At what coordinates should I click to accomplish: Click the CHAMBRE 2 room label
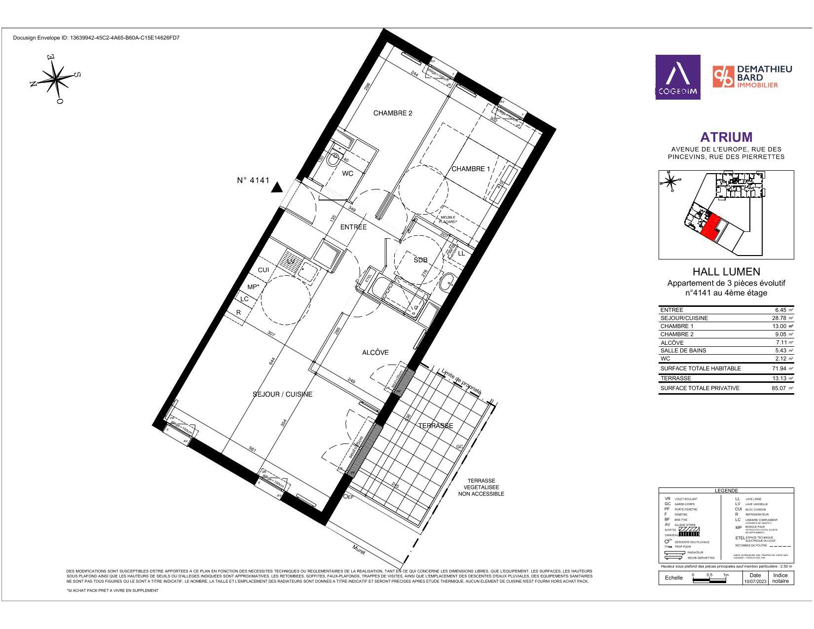[392, 113]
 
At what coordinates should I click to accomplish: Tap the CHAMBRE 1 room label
[471, 169]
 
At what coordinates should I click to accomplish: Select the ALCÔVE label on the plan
[375, 352]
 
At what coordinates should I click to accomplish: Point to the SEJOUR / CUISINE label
[282, 394]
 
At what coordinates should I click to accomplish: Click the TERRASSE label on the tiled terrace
[436, 426]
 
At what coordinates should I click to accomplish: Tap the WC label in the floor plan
[347, 174]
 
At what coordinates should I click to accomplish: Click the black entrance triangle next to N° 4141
[277, 187]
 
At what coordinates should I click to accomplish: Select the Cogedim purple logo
[677, 77]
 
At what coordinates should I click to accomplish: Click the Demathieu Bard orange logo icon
[723, 77]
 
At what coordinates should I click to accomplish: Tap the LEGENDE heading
[726, 490]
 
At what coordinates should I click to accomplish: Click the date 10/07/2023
[755, 582]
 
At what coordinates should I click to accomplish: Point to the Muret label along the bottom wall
[359, 548]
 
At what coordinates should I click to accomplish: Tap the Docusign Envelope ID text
[96, 37]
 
